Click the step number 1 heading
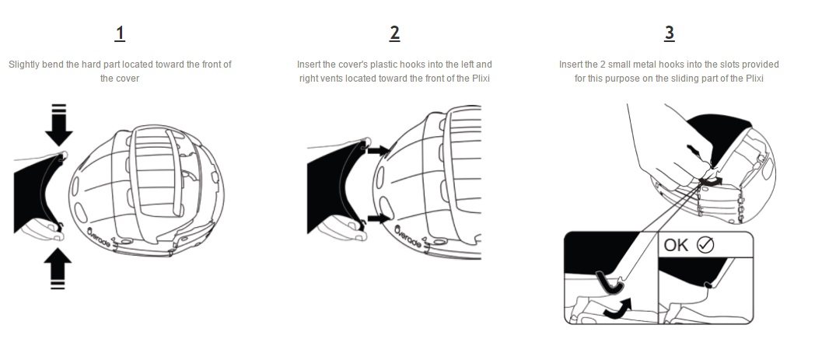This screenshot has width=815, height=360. [x=120, y=33]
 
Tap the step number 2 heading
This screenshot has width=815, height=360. [x=395, y=33]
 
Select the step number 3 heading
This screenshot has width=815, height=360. [x=670, y=33]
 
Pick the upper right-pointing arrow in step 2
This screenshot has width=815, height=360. [x=379, y=149]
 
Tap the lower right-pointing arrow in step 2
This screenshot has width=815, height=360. [x=379, y=219]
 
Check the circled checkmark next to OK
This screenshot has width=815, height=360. [x=705, y=245]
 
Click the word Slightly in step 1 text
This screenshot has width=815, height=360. [x=24, y=65]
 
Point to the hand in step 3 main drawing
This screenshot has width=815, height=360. [x=661, y=140]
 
